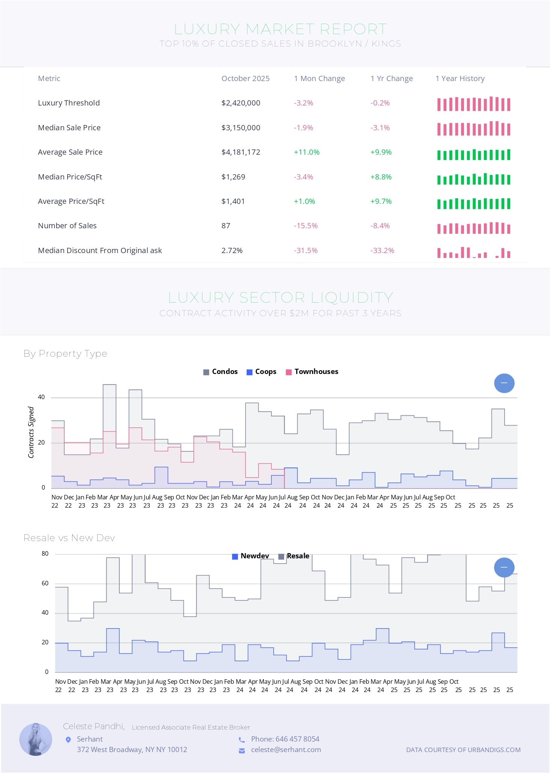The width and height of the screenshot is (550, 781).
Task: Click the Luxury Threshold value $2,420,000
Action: click(x=241, y=103)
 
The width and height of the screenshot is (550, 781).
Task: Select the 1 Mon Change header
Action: click(x=319, y=78)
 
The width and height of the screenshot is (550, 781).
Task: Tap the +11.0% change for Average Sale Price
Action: click(x=306, y=152)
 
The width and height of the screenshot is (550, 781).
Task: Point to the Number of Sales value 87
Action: click(x=226, y=226)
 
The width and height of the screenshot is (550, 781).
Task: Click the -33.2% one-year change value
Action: click(x=382, y=250)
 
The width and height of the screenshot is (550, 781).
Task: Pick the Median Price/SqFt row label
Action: click(x=70, y=177)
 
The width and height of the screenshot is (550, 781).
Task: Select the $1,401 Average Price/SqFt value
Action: click(x=233, y=201)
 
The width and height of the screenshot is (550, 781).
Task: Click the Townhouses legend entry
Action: click(x=312, y=372)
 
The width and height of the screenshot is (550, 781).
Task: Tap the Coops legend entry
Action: click(x=262, y=372)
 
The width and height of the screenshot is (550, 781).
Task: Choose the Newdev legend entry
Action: click(x=251, y=556)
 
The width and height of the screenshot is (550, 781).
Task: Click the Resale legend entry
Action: click(x=294, y=556)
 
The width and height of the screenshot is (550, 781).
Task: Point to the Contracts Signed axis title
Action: click(x=31, y=432)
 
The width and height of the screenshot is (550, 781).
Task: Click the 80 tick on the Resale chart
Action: click(x=45, y=553)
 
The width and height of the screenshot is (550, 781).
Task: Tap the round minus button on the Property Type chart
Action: click(x=504, y=383)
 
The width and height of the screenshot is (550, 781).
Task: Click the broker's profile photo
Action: click(x=36, y=739)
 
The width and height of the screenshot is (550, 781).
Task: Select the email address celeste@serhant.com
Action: click(x=286, y=749)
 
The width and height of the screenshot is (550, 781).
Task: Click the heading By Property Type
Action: click(x=65, y=354)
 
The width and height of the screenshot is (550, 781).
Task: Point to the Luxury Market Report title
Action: click(x=280, y=29)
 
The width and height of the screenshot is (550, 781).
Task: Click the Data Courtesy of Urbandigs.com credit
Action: click(x=463, y=749)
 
